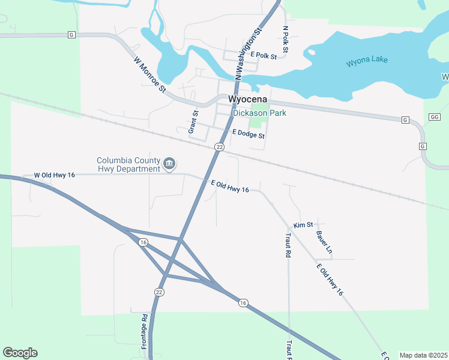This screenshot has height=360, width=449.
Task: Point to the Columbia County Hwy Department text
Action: tap(128, 164)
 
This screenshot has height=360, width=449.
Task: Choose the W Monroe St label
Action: tap(149, 75)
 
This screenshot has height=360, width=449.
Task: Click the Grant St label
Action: tap(193, 122)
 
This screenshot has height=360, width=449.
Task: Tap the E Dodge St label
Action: tap(248, 135)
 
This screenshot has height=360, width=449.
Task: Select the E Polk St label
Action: tap(264, 56)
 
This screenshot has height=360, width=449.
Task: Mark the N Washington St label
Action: tap(250, 53)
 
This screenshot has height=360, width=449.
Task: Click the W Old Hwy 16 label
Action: tap(54, 175)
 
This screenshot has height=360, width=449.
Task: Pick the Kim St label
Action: tap(303, 225)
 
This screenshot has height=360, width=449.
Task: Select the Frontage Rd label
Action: tap(145, 331)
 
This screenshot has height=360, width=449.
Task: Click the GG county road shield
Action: tap(435, 117)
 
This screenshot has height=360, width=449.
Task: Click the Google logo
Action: tap(20, 353)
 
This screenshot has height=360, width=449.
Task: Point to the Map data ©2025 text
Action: tap(423, 355)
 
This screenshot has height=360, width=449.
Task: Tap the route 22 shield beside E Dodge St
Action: tap(219, 147)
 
